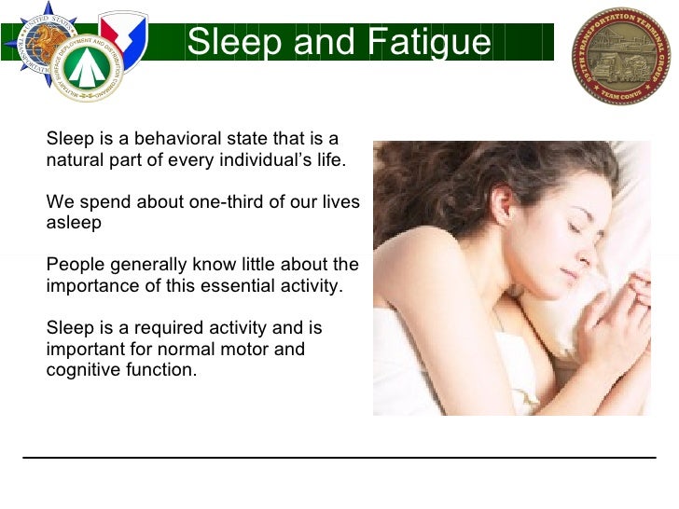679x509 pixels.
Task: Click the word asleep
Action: [x=74, y=223]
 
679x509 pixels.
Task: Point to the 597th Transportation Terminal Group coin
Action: [x=620, y=55]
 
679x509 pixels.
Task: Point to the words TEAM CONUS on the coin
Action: [x=620, y=92]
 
